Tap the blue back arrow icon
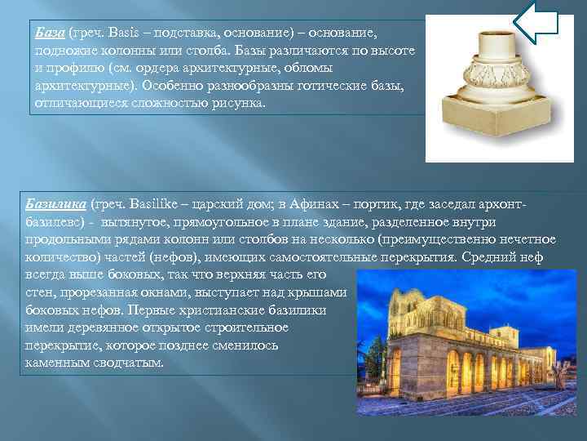[537, 22]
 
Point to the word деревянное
[94, 327]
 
